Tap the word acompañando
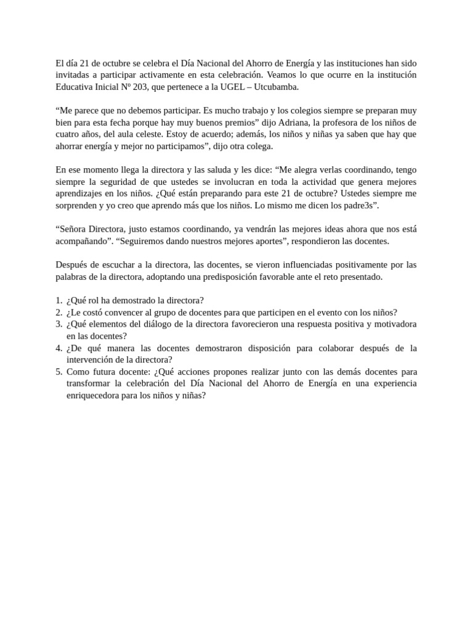[80, 241]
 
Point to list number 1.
[59, 301]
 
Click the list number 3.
[59, 324]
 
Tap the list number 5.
[59, 372]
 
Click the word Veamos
[284, 75]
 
